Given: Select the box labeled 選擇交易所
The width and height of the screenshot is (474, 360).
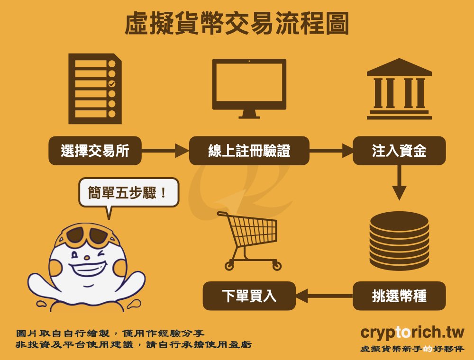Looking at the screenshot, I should pyautogui.click(x=95, y=151).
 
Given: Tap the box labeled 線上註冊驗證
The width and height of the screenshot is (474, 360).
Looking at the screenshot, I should pyautogui.click(x=249, y=151).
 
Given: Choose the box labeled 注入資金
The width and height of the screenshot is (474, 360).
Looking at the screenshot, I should pyautogui.click(x=399, y=151).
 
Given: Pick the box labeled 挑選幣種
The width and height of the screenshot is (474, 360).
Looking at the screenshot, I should pyautogui.click(x=399, y=296).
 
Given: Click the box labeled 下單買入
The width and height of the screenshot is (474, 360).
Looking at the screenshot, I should pyautogui.click(x=249, y=296).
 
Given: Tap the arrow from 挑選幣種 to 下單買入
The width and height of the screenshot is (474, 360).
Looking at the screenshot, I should pyautogui.click(x=324, y=297).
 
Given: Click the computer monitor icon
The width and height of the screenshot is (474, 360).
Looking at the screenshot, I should pyautogui.click(x=249, y=88).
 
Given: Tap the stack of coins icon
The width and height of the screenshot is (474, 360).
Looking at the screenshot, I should pyautogui.click(x=399, y=242).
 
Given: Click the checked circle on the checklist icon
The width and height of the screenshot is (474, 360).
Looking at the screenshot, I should pyautogui.click(x=112, y=84).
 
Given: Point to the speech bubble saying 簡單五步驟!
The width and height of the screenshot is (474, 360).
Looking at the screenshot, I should pyautogui.click(x=128, y=192).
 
